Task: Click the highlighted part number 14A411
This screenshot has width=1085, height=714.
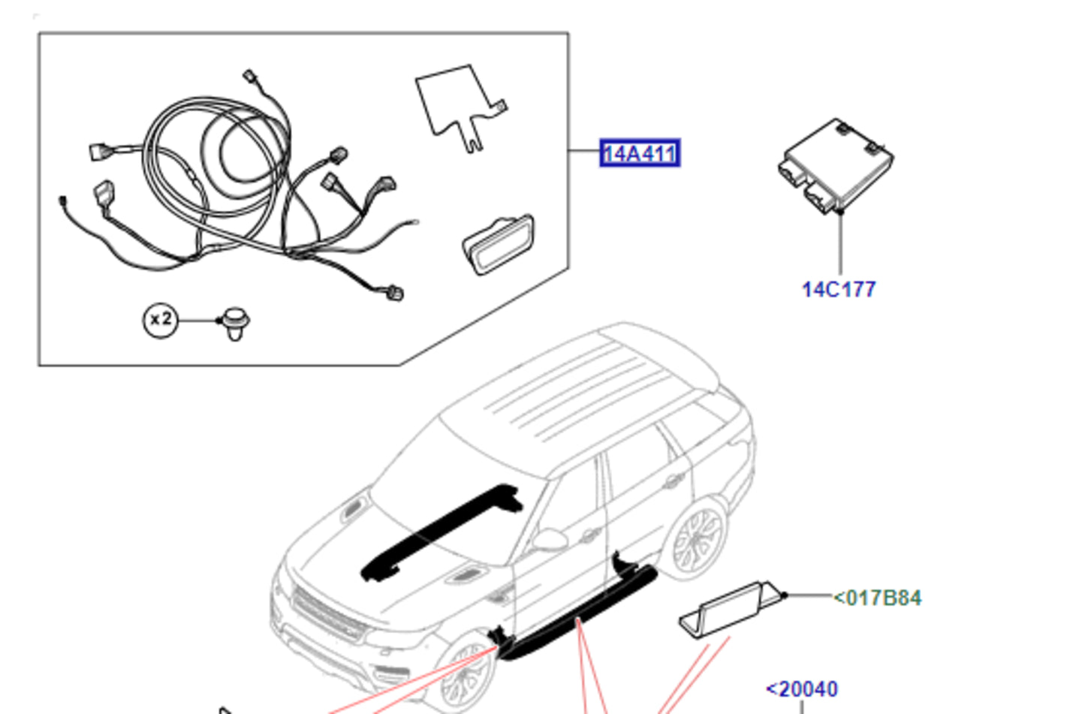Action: (639, 154)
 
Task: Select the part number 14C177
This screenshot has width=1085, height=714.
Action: (839, 290)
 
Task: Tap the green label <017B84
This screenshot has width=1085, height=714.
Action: (878, 598)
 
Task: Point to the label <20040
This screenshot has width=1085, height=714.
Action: (802, 689)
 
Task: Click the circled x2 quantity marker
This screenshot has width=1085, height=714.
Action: (160, 320)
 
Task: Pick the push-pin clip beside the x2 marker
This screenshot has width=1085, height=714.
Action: (236, 323)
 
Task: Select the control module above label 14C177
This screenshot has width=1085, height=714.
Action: (836, 165)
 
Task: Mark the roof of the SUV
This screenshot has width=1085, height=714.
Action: (578, 390)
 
